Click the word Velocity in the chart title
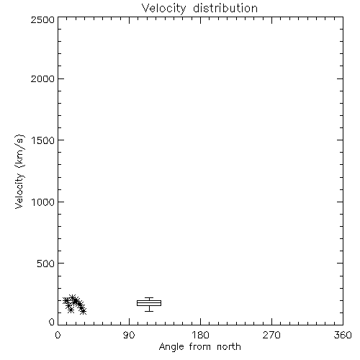164,9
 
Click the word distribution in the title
225,8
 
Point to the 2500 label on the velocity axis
42,19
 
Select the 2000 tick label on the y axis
42,78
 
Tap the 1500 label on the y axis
43,140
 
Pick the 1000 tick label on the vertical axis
43,202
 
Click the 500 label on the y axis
46,264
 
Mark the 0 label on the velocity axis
52,322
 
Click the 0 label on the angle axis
58,335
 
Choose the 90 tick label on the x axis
129,335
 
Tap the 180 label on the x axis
200,335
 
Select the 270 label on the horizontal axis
271,335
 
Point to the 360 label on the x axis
343,335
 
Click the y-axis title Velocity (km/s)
19,171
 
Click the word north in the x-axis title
229,347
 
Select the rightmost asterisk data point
83,311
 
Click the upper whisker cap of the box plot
149,298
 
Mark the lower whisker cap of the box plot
149,311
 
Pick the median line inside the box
149,302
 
